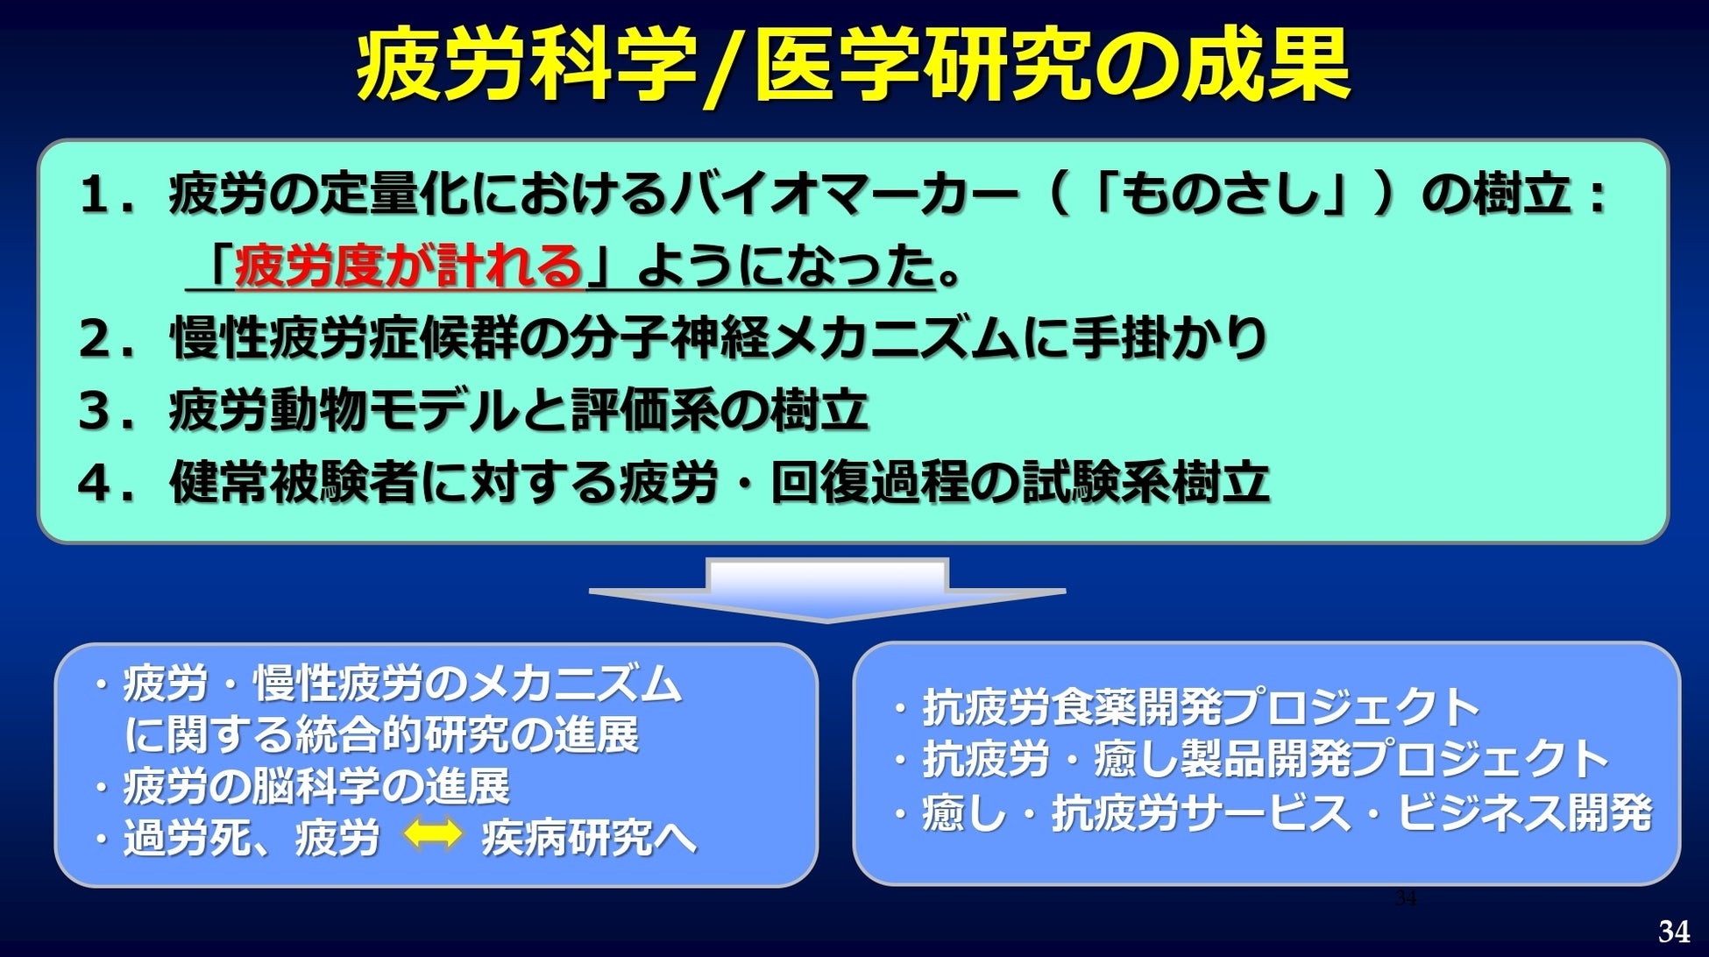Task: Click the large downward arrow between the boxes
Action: pos(827,590)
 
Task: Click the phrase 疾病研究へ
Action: pos(589,837)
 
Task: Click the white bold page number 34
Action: pos(1675,931)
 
